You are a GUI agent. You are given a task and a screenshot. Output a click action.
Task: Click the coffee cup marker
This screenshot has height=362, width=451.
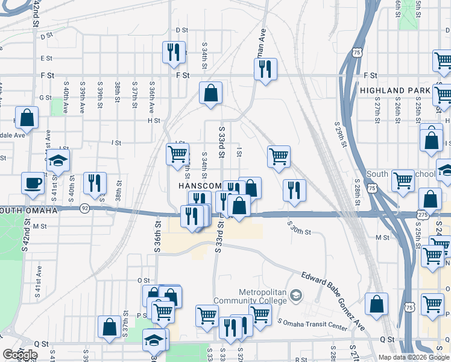pyautogui.click(x=33, y=183)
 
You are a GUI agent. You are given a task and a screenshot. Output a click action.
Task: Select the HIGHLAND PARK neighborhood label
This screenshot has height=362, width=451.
pyautogui.click(x=395, y=91)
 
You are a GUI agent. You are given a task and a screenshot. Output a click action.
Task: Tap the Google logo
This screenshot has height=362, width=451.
pyautogui.click(x=20, y=355)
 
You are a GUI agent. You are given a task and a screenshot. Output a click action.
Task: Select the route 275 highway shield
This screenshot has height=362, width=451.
pyautogui.click(x=422, y=214)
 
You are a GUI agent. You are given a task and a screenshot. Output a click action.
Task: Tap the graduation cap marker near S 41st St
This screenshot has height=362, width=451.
pyautogui.click(x=58, y=160)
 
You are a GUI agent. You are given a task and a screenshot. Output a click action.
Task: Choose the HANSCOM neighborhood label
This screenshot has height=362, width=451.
pyautogui.click(x=200, y=186)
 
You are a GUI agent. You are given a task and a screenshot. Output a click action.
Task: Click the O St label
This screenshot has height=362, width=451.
pyautogui.click(x=143, y=280)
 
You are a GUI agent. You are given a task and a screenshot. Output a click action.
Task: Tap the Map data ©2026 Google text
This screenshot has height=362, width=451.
pyautogui.click(x=413, y=357)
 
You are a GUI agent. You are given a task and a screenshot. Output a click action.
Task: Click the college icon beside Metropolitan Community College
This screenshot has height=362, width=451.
pyautogui.click(x=295, y=296)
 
